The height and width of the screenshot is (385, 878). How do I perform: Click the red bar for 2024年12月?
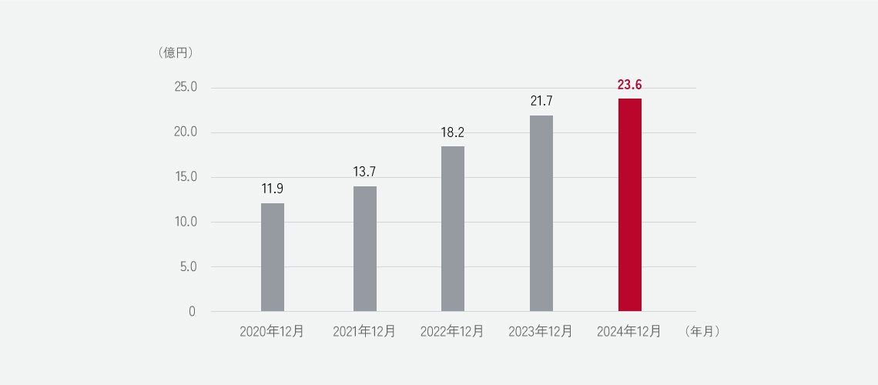[x=629, y=205]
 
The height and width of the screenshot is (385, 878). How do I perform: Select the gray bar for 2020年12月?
[x=273, y=257]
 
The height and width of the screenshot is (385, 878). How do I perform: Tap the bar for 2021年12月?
[x=365, y=249]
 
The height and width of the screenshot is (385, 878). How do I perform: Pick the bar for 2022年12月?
[x=453, y=229]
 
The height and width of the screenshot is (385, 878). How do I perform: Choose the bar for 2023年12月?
[x=541, y=213]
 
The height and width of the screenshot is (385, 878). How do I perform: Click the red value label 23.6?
[x=630, y=84]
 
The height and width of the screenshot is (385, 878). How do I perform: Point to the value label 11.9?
[x=273, y=189]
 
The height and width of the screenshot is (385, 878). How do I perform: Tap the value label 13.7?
[x=365, y=172]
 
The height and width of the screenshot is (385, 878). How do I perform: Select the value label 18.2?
[x=453, y=132]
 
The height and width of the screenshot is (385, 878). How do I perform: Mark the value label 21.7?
[x=541, y=101]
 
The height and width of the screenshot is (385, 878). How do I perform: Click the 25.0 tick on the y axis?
[x=186, y=87]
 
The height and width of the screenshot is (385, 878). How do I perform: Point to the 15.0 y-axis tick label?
[x=186, y=177]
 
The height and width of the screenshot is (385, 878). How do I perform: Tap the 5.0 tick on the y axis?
[x=189, y=267]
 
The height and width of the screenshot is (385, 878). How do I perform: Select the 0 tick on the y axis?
[x=192, y=312]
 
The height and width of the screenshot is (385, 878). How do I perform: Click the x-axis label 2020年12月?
[x=272, y=332]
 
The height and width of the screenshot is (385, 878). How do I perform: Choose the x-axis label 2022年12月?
[x=452, y=332]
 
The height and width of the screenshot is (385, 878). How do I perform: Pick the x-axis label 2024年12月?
[x=629, y=332]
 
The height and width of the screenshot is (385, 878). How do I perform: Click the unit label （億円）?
[x=175, y=53]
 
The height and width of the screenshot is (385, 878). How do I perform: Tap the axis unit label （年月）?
[x=701, y=332]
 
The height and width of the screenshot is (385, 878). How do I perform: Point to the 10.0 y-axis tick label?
[x=186, y=222]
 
